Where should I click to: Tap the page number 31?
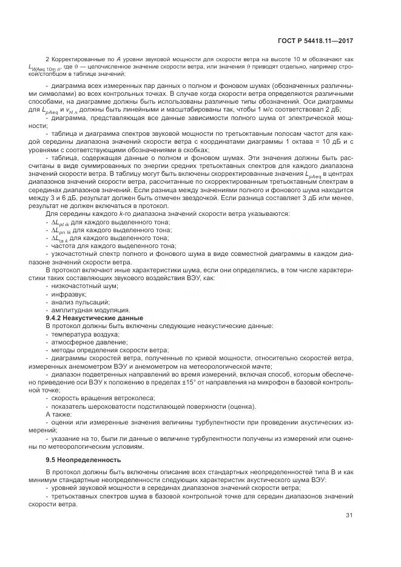click(x=349, y=515)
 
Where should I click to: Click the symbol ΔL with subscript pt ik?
click(x=61, y=223)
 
